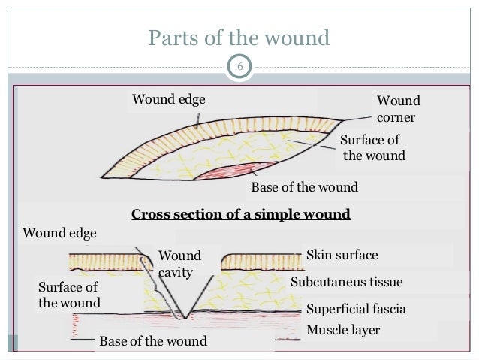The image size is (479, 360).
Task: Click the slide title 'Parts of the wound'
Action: [x=239, y=37]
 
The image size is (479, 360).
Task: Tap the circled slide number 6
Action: [x=240, y=68]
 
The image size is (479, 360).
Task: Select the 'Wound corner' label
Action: [x=398, y=109]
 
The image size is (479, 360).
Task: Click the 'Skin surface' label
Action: [x=342, y=256]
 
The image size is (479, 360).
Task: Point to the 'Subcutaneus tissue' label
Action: [x=346, y=283]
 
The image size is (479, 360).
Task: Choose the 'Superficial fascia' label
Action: [x=356, y=310]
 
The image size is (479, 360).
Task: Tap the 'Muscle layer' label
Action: [x=343, y=330]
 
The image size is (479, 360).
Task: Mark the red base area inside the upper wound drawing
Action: [x=233, y=171]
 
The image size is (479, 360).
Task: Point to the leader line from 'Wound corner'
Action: [x=359, y=119]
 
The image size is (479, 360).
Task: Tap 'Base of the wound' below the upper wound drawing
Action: [x=304, y=187]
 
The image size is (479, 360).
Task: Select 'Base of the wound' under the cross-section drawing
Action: [x=152, y=342]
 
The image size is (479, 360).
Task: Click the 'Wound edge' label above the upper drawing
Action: [x=168, y=99]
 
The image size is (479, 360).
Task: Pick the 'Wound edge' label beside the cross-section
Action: [x=59, y=233]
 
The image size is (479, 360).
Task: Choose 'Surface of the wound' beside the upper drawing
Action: [x=372, y=148]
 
